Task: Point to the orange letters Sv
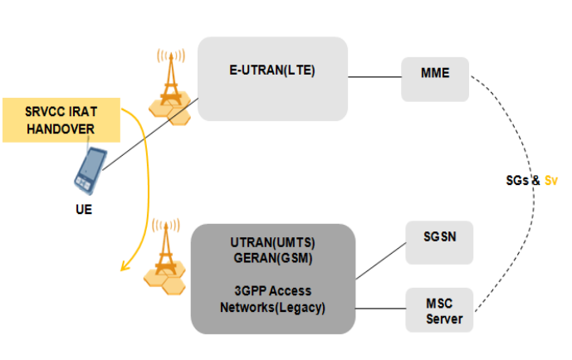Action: coord(550,179)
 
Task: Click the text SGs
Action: coord(519,179)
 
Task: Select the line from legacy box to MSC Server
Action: coord(380,305)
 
